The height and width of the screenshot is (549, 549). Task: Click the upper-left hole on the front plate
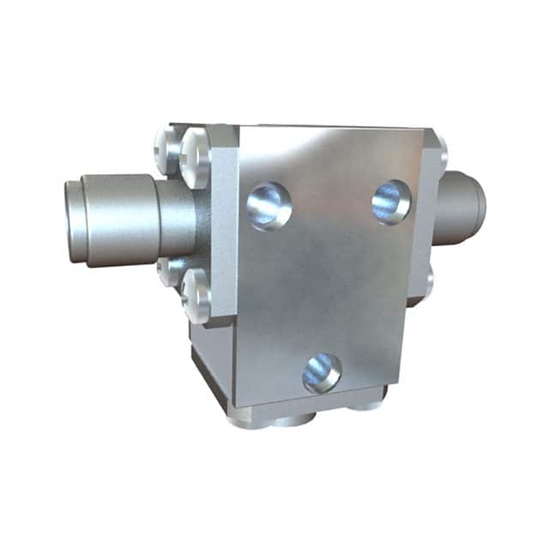coord(268,206)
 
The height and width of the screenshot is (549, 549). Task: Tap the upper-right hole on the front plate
coord(391,202)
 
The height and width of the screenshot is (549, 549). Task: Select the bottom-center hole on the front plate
coord(322,373)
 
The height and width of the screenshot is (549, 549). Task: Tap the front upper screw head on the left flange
coord(196,158)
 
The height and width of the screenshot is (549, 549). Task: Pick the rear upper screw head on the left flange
coord(168,148)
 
